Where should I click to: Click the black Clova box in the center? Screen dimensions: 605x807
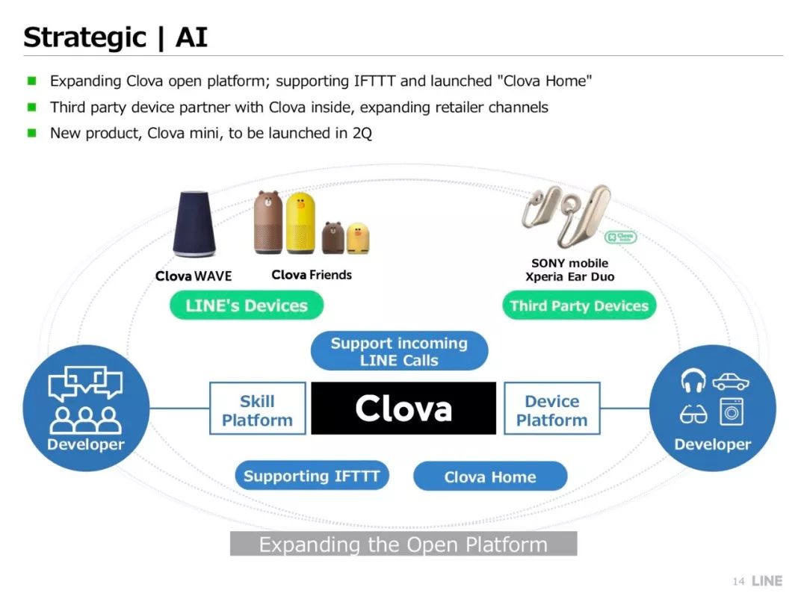coord(403,408)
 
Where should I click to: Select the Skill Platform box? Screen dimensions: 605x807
coord(257,410)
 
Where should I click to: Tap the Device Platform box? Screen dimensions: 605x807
coord(551,410)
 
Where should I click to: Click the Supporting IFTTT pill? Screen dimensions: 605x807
coord(312,476)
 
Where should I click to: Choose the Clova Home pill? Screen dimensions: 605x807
coord(489,477)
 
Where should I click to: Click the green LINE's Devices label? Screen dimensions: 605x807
coord(246,305)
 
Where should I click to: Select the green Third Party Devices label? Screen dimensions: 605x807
coord(578,305)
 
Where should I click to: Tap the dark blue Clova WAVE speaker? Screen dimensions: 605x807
coord(194,223)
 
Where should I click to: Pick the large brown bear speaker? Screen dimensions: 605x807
coord(269,223)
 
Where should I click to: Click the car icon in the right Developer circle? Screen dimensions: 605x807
coord(730,382)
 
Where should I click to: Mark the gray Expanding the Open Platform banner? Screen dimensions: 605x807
coord(403,544)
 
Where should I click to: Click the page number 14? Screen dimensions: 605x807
coord(738,581)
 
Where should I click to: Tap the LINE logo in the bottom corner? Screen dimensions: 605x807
coord(767,580)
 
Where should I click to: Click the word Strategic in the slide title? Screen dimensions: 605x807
coord(84,37)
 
